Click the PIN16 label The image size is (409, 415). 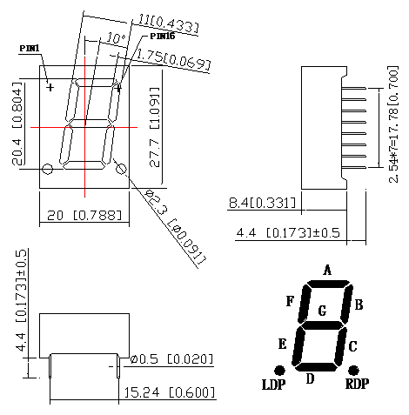tap(163, 37)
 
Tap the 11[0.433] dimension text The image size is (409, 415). tap(167, 23)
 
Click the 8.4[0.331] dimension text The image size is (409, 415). tap(262, 204)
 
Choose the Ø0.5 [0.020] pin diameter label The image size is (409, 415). tap(171, 359)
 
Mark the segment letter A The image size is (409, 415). tap(327, 270)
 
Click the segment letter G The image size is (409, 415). tap(323, 310)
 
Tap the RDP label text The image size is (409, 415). tap(358, 384)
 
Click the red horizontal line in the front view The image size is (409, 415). tap(84, 128)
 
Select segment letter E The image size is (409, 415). tap(281, 344)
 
